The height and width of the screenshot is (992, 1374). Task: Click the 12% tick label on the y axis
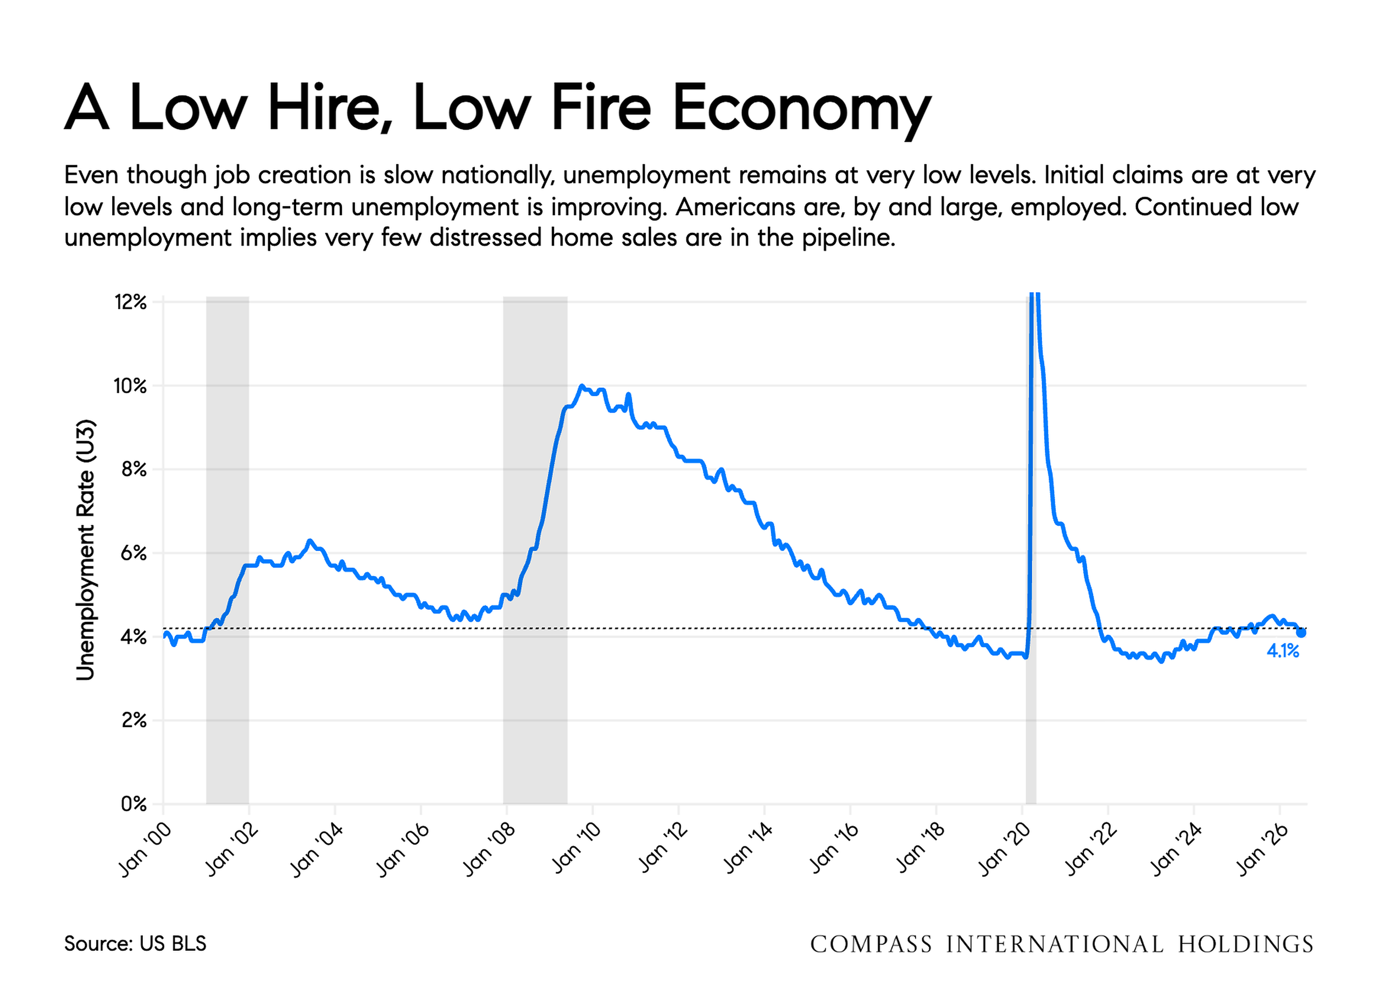[x=131, y=302]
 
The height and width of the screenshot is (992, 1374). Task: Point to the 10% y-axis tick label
[x=130, y=386]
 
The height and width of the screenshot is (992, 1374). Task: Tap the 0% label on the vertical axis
[x=134, y=804]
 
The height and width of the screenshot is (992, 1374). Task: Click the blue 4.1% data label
[x=1283, y=651]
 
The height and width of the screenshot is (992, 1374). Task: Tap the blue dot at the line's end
[x=1301, y=633]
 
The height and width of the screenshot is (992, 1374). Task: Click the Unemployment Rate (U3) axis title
[x=85, y=550]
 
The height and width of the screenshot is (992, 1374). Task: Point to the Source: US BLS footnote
[x=135, y=944]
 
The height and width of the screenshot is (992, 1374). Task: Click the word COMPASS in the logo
[x=871, y=944]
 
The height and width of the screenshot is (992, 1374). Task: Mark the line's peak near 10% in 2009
[x=581, y=386]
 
